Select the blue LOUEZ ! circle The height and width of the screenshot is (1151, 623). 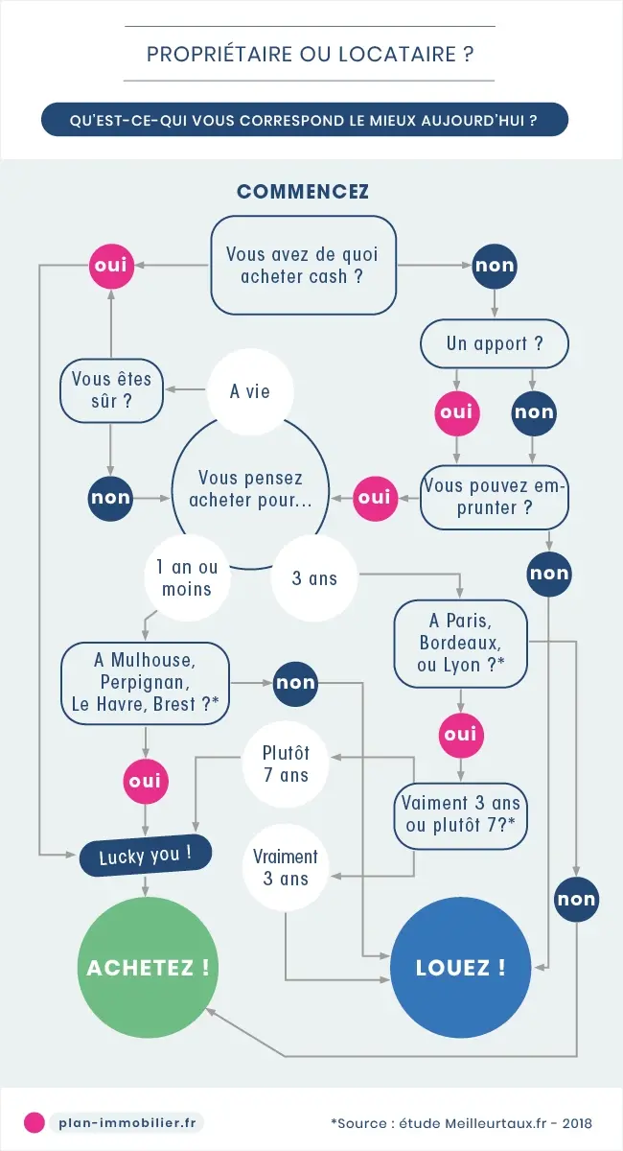pos(460,968)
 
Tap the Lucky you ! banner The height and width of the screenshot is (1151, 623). pos(145,854)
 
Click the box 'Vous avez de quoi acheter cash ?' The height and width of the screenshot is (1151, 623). pos(303,265)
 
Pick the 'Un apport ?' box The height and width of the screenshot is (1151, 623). pos(495,343)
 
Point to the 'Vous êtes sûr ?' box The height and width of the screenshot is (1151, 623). pos(111,389)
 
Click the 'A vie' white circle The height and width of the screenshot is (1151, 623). pos(250,391)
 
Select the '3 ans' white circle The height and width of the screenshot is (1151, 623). pos(315,578)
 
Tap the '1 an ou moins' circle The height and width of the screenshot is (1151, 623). pos(187,578)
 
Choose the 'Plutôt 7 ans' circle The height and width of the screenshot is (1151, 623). pos(288,763)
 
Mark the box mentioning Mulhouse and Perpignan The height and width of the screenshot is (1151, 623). pos(145,682)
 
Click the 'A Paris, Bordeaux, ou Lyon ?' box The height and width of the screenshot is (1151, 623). pos(461,644)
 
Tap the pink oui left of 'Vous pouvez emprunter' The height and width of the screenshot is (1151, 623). pos(376,497)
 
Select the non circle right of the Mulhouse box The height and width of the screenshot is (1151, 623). pos(295,683)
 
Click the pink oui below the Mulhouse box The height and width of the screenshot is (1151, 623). pos(145,782)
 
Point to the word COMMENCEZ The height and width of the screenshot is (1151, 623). pos(303,191)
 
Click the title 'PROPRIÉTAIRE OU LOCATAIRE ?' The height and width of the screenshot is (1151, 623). pos(311,54)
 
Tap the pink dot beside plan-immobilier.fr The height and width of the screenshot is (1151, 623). pos(35,1122)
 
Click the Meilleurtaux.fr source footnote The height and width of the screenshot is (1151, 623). pos(461,1122)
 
